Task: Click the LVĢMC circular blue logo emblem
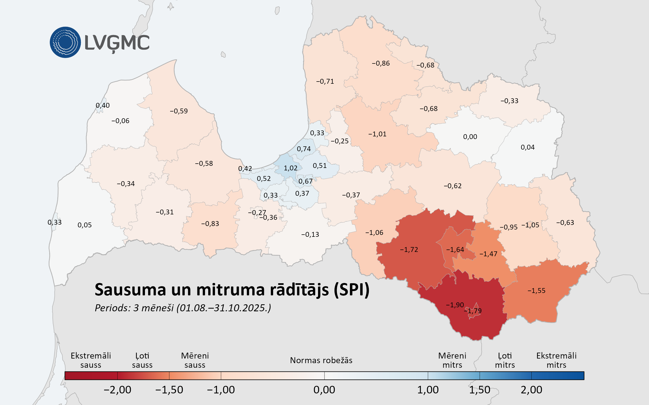[x=65, y=42]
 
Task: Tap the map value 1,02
[x=290, y=168]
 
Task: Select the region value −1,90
[x=455, y=305]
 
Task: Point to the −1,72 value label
[x=409, y=249]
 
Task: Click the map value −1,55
[x=536, y=291]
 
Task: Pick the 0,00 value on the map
[x=470, y=137]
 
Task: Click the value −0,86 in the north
[x=380, y=63]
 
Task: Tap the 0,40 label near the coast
[x=102, y=105]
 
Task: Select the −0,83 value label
[x=210, y=224]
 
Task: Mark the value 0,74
[x=304, y=149]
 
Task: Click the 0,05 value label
[x=84, y=225]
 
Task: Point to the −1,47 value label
[x=488, y=254]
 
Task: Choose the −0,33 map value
[x=509, y=101]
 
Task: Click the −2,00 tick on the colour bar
[x=117, y=390]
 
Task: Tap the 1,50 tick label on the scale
[x=479, y=390]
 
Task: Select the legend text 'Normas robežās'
[x=321, y=360]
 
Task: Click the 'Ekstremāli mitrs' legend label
[x=556, y=360]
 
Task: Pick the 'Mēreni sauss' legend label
[x=195, y=360]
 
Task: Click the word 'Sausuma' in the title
[x=130, y=290]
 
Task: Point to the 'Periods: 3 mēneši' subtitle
[x=134, y=308]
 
